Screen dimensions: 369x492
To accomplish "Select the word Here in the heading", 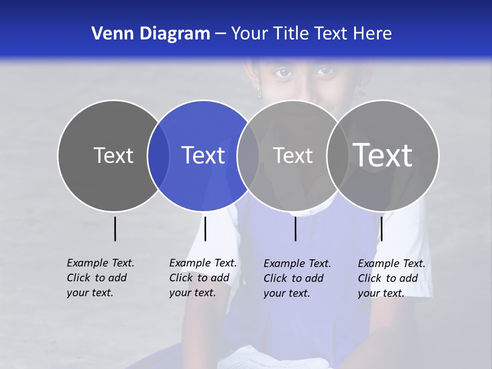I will point(373,34).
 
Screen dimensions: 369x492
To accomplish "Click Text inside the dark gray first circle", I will point(113,155).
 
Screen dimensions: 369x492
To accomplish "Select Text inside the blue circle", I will point(203,155).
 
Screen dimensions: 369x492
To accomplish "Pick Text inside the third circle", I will point(293,155).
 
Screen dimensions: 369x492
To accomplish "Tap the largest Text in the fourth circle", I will point(383,155).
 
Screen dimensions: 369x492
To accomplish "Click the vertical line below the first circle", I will point(115,229).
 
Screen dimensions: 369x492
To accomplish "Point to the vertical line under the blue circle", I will point(205,229).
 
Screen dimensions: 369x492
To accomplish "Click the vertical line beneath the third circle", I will point(295,229).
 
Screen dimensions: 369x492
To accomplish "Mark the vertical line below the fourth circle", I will point(381,229).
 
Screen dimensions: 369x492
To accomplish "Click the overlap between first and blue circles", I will point(158,156).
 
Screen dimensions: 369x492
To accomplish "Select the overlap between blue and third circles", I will point(248,156).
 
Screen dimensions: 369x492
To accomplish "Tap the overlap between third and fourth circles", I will point(338,156).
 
